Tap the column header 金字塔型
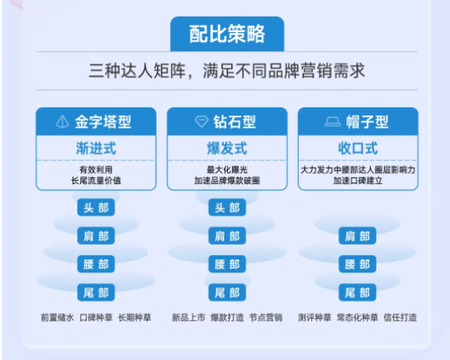pyautogui.click(x=104, y=122)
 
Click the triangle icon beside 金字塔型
pyautogui.click(x=62, y=122)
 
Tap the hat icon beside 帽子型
pyautogui.click(x=332, y=122)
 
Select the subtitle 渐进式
pyautogui.click(x=95, y=149)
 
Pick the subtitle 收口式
pyautogui.click(x=358, y=149)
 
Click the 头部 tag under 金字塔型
pyautogui.click(x=95, y=208)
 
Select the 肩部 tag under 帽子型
pyautogui.click(x=358, y=236)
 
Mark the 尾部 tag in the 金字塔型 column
pyautogui.click(x=95, y=292)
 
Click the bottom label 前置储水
pyautogui.click(x=57, y=317)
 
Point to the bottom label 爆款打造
pyautogui.click(x=226, y=317)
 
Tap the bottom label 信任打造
pyautogui.click(x=400, y=317)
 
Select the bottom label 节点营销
pyautogui.click(x=266, y=317)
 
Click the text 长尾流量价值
pyautogui.click(x=95, y=180)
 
